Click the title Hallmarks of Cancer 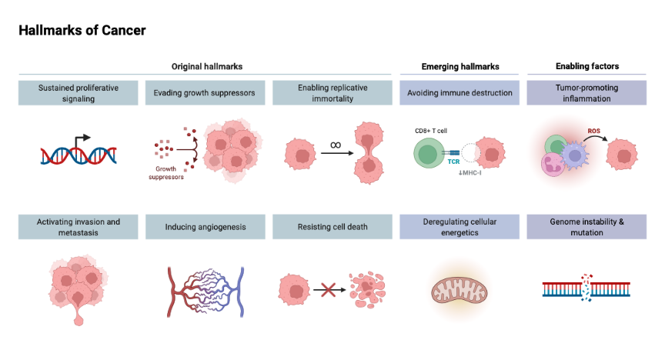click(82, 31)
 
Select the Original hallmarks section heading click(206, 67)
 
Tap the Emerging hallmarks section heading click(460, 67)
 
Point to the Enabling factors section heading click(586, 67)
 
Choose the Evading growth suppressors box click(206, 93)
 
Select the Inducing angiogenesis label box click(206, 227)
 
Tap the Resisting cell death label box click(332, 227)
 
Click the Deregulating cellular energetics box click(459, 227)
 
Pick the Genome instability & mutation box click(586, 227)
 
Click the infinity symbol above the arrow click(335, 145)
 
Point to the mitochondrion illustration click(459, 291)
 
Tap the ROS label click(594, 131)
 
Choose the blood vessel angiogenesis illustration click(206, 291)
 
